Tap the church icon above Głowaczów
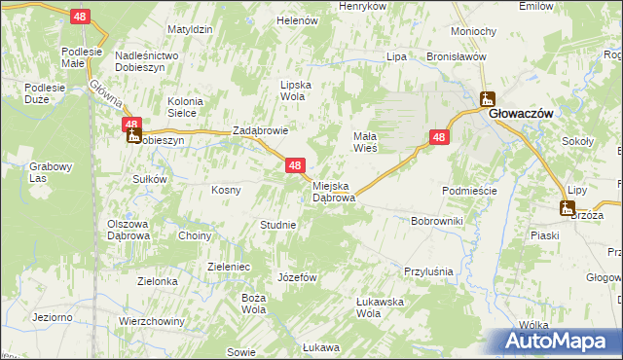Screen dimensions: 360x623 [486, 98]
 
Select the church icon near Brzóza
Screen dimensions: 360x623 [567, 206]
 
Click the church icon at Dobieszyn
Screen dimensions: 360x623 [132, 136]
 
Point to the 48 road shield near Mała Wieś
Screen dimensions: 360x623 [439, 138]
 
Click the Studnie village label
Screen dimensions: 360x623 [277, 225]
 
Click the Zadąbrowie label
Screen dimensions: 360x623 [260, 130]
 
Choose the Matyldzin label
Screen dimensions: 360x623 [190, 30]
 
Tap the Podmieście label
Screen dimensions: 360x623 [469, 191]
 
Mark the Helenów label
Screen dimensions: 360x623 [298, 20]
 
